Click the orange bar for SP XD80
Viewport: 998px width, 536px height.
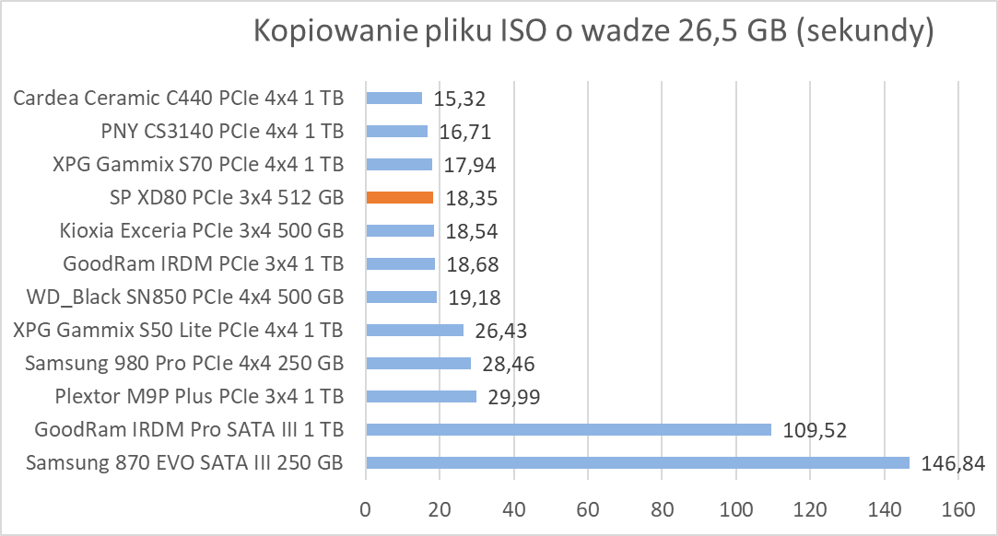[x=399, y=197]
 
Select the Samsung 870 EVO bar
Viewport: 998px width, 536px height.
[x=637, y=462]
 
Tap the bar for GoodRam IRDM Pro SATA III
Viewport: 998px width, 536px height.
[x=568, y=429]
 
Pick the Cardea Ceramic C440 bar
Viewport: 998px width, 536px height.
[x=393, y=98]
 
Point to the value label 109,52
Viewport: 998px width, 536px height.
[x=814, y=430]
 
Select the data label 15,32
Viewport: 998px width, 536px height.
[x=459, y=99]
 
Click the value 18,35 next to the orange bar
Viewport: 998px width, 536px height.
[x=469, y=198]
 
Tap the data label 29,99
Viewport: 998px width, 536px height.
[x=512, y=397]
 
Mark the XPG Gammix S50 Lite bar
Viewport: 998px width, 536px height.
[x=415, y=330]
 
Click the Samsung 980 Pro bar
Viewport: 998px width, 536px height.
[x=418, y=363]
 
